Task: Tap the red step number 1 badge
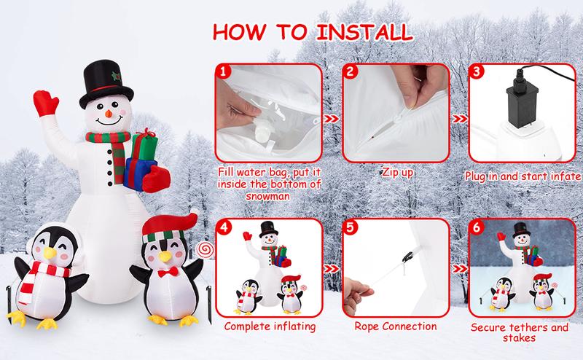click(224, 72)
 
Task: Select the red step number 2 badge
click(351, 72)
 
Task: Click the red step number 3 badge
click(477, 72)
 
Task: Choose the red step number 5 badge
click(351, 227)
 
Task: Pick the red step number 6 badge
click(477, 227)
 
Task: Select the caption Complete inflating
click(271, 326)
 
